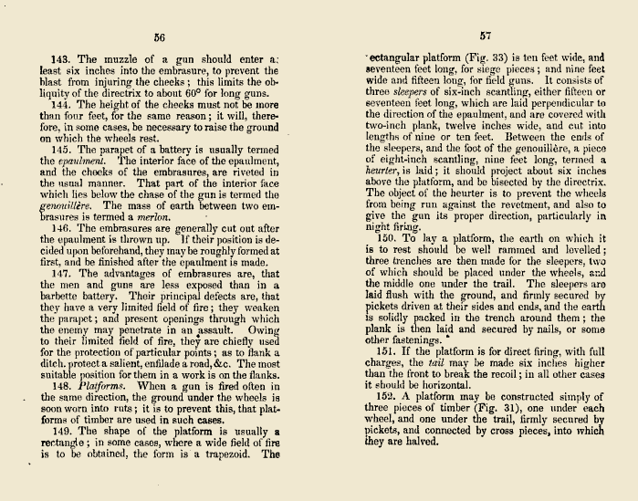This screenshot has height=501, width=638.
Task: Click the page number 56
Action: click(x=159, y=37)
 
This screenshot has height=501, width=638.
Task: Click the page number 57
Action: click(x=484, y=37)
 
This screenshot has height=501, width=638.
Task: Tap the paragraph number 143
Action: click(x=62, y=57)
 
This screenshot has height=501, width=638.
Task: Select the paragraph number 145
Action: click(x=62, y=149)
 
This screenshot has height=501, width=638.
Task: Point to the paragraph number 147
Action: click(x=62, y=274)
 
